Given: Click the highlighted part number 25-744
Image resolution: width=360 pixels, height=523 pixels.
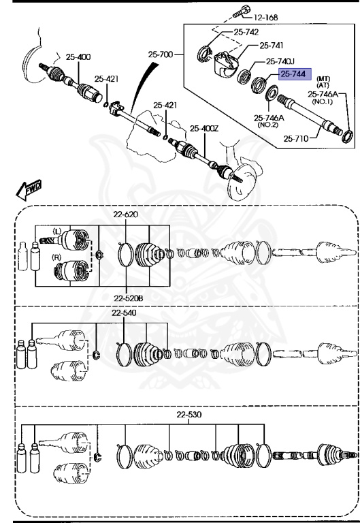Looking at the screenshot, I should [x=294, y=74].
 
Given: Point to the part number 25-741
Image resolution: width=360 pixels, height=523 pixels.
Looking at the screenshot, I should [x=272, y=46].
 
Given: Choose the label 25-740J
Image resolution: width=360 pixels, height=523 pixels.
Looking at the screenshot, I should [x=280, y=61].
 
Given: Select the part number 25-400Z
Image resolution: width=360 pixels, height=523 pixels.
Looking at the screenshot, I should [x=205, y=128].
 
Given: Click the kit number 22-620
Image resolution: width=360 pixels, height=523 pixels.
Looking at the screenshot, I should [x=126, y=215].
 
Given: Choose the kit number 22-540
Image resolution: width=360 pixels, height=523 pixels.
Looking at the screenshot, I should [x=125, y=313].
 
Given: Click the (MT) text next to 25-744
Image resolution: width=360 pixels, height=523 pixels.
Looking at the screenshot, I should [x=323, y=78].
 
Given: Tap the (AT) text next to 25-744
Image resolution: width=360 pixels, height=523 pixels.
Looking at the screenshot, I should [x=323, y=85].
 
